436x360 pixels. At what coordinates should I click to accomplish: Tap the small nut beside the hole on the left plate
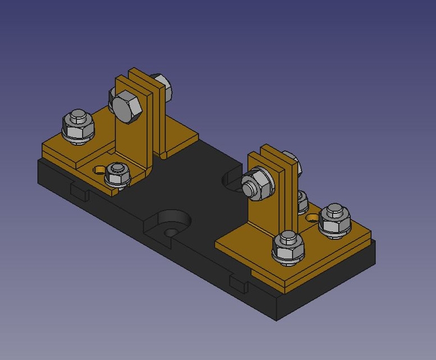[117, 173]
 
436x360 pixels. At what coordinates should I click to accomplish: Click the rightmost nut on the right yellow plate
[335, 219]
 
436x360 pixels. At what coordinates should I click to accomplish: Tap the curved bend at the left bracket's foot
[147, 172]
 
